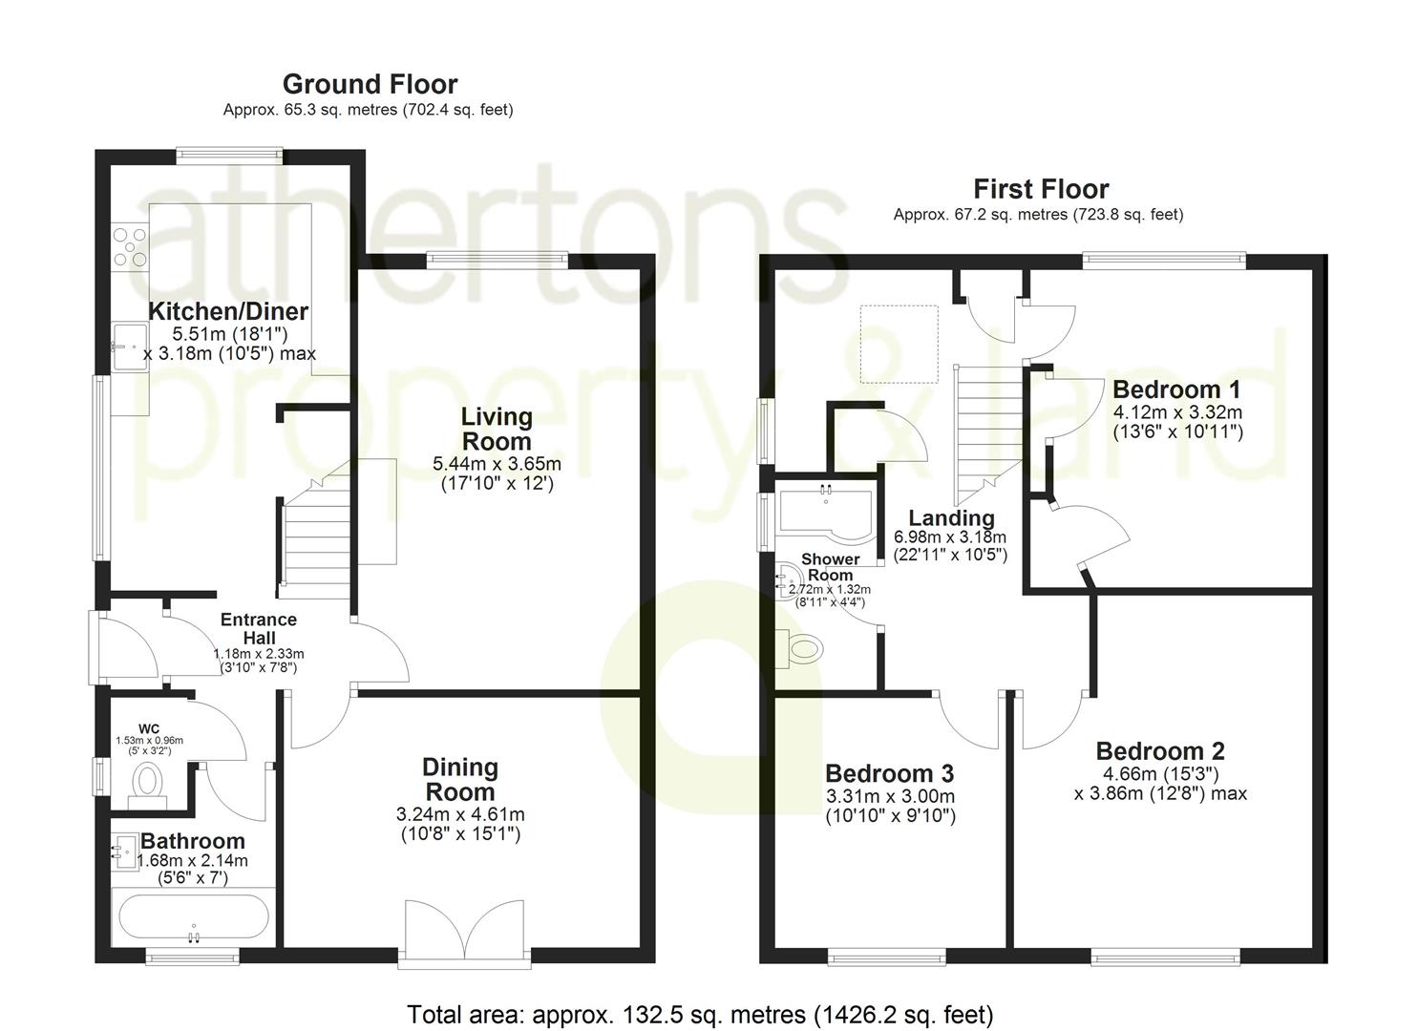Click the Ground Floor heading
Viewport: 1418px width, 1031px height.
pyautogui.click(x=370, y=84)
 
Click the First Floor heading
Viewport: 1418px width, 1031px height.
pyautogui.click(x=1040, y=189)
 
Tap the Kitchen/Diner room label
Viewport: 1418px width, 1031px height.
pyautogui.click(x=228, y=311)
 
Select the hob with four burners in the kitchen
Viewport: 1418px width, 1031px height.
pyautogui.click(x=130, y=245)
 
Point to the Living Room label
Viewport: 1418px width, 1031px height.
pyautogui.click(x=497, y=429)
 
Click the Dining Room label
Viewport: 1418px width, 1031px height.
pyautogui.click(x=460, y=779)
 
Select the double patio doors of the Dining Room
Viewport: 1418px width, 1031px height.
pyautogui.click(x=464, y=930)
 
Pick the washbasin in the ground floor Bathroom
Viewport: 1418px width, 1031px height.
pyautogui.click(x=125, y=849)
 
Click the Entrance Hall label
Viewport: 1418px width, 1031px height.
pyautogui.click(x=259, y=628)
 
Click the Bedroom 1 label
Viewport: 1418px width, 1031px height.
pyautogui.click(x=1176, y=389)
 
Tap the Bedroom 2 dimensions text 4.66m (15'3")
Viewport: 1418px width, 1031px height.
pyautogui.click(x=1160, y=773)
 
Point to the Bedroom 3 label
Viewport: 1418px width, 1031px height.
pyautogui.click(x=889, y=773)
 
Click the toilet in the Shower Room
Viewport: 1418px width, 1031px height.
pyautogui.click(x=803, y=649)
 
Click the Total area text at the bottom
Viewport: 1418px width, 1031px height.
pyautogui.click(x=700, y=1014)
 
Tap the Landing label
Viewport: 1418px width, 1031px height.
pyautogui.click(x=951, y=518)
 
